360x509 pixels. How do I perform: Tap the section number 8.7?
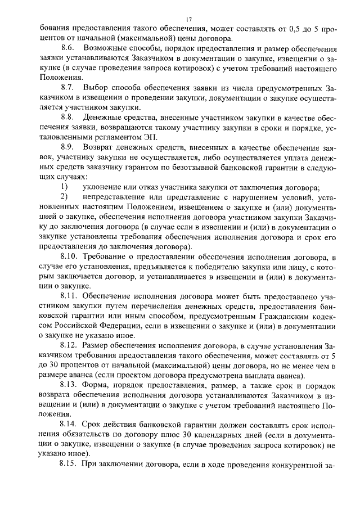[x=68, y=88]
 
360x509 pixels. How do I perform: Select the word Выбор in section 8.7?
[x=96, y=88]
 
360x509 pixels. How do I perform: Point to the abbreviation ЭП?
[x=153, y=137]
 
